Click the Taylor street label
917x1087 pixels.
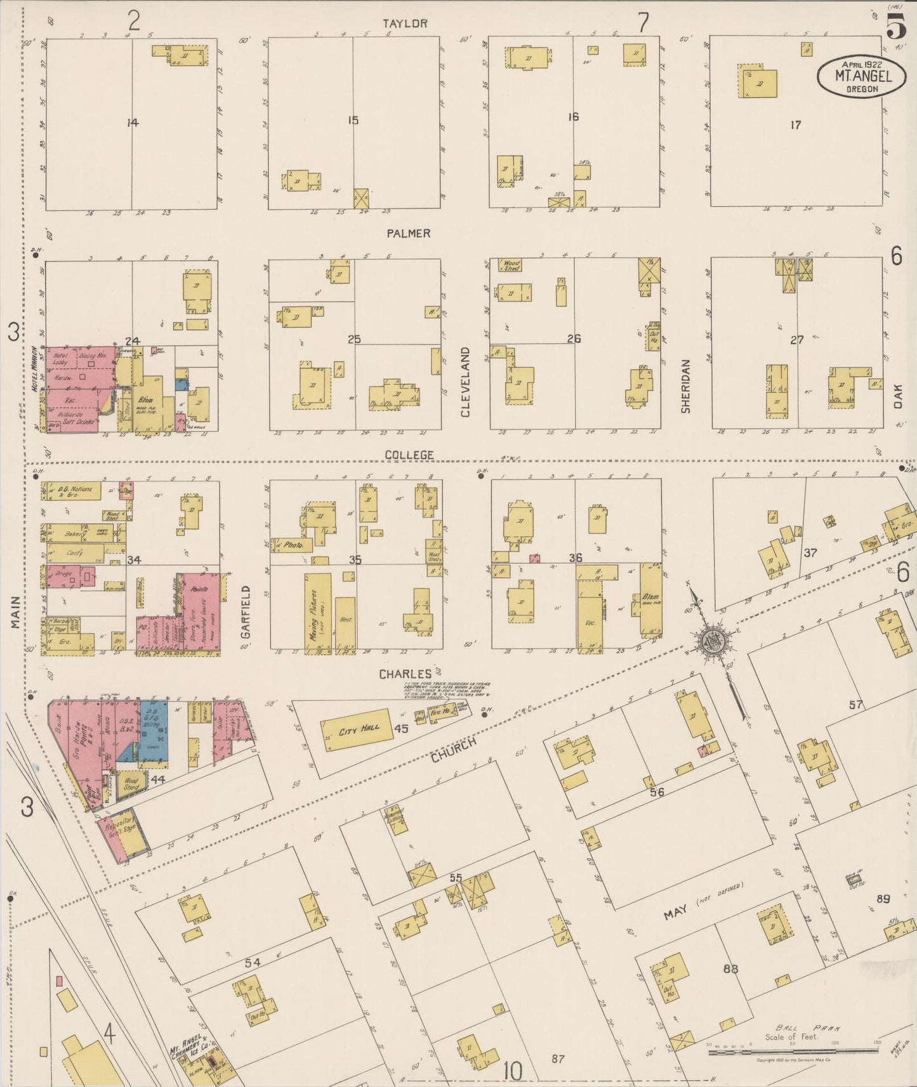[405, 24]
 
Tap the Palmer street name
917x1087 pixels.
[409, 233]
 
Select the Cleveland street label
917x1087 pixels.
[465, 382]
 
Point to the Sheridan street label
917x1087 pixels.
[685, 386]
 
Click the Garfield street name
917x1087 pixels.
[246, 612]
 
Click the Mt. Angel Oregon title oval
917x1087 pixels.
[861, 77]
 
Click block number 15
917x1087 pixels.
[353, 120]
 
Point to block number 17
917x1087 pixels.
[795, 125]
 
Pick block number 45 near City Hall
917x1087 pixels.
[400, 729]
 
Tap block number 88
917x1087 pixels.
[731, 968]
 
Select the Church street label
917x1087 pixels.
[453, 750]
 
